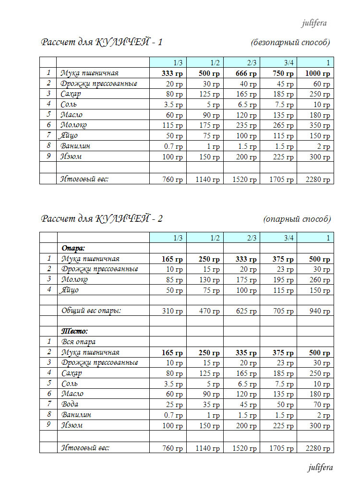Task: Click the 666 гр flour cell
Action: point(246,73)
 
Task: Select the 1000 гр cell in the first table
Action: point(317,73)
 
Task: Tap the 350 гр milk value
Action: point(319,125)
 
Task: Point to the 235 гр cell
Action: point(246,125)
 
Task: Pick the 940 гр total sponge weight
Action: point(319,311)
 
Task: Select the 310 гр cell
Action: point(172,311)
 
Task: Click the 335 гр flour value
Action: point(246,352)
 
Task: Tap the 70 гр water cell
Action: point(321,404)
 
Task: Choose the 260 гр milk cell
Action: point(319,279)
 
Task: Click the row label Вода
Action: point(70,404)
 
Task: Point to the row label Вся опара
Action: point(78,342)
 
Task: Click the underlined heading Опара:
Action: point(73,248)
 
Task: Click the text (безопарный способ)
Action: point(290,42)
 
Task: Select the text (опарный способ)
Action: point(297,219)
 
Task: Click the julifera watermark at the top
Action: point(314,23)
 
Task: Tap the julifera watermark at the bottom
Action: point(320,467)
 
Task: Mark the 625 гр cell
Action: point(246,311)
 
